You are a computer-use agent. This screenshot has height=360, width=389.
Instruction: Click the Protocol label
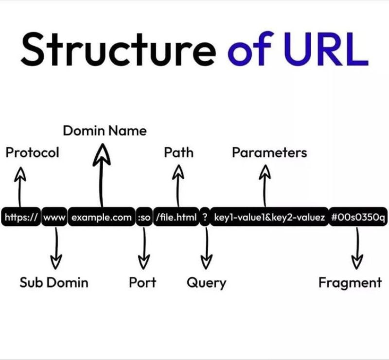click(32, 153)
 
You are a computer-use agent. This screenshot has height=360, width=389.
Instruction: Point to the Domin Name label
click(105, 131)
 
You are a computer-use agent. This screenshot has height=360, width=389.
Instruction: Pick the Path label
click(178, 153)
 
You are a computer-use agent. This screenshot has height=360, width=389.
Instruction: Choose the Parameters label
click(269, 153)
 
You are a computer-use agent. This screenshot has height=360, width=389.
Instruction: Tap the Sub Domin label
click(54, 282)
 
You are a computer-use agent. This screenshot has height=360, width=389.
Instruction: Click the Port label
click(142, 282)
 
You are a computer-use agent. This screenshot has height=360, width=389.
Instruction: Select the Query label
click(207, 282)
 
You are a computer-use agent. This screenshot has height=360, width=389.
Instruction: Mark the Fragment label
click(350, 282)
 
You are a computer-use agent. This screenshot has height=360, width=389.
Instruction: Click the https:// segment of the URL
click(21, 218)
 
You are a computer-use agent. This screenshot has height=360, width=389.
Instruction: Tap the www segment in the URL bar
click(54, 218)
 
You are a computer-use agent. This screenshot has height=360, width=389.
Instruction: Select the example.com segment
click(102, 218)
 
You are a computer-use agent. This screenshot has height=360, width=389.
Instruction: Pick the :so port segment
click(144, 218)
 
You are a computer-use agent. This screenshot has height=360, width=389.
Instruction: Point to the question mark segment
click(205, 218)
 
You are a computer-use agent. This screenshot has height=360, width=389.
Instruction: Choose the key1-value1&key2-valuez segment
click(269, 218)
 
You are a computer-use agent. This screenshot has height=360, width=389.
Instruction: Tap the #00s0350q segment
click(358, 218)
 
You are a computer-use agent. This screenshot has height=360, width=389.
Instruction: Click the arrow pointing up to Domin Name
click(102, 175)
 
